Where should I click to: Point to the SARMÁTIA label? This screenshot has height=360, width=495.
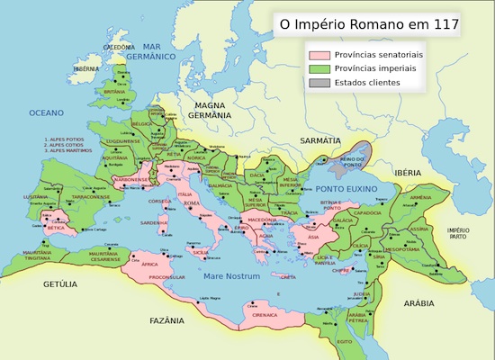(x=321, y=141)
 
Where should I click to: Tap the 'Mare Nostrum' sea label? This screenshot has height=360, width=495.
(x=231, y=276)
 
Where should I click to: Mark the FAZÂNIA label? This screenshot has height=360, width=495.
(x=167, y=319)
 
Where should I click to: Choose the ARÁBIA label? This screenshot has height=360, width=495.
(x=418, y=303)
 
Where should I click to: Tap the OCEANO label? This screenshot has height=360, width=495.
(x=47, y=112)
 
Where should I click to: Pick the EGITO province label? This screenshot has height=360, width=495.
(x=344, y=342)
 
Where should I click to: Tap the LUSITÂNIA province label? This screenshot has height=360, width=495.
(x=36, y=196)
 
